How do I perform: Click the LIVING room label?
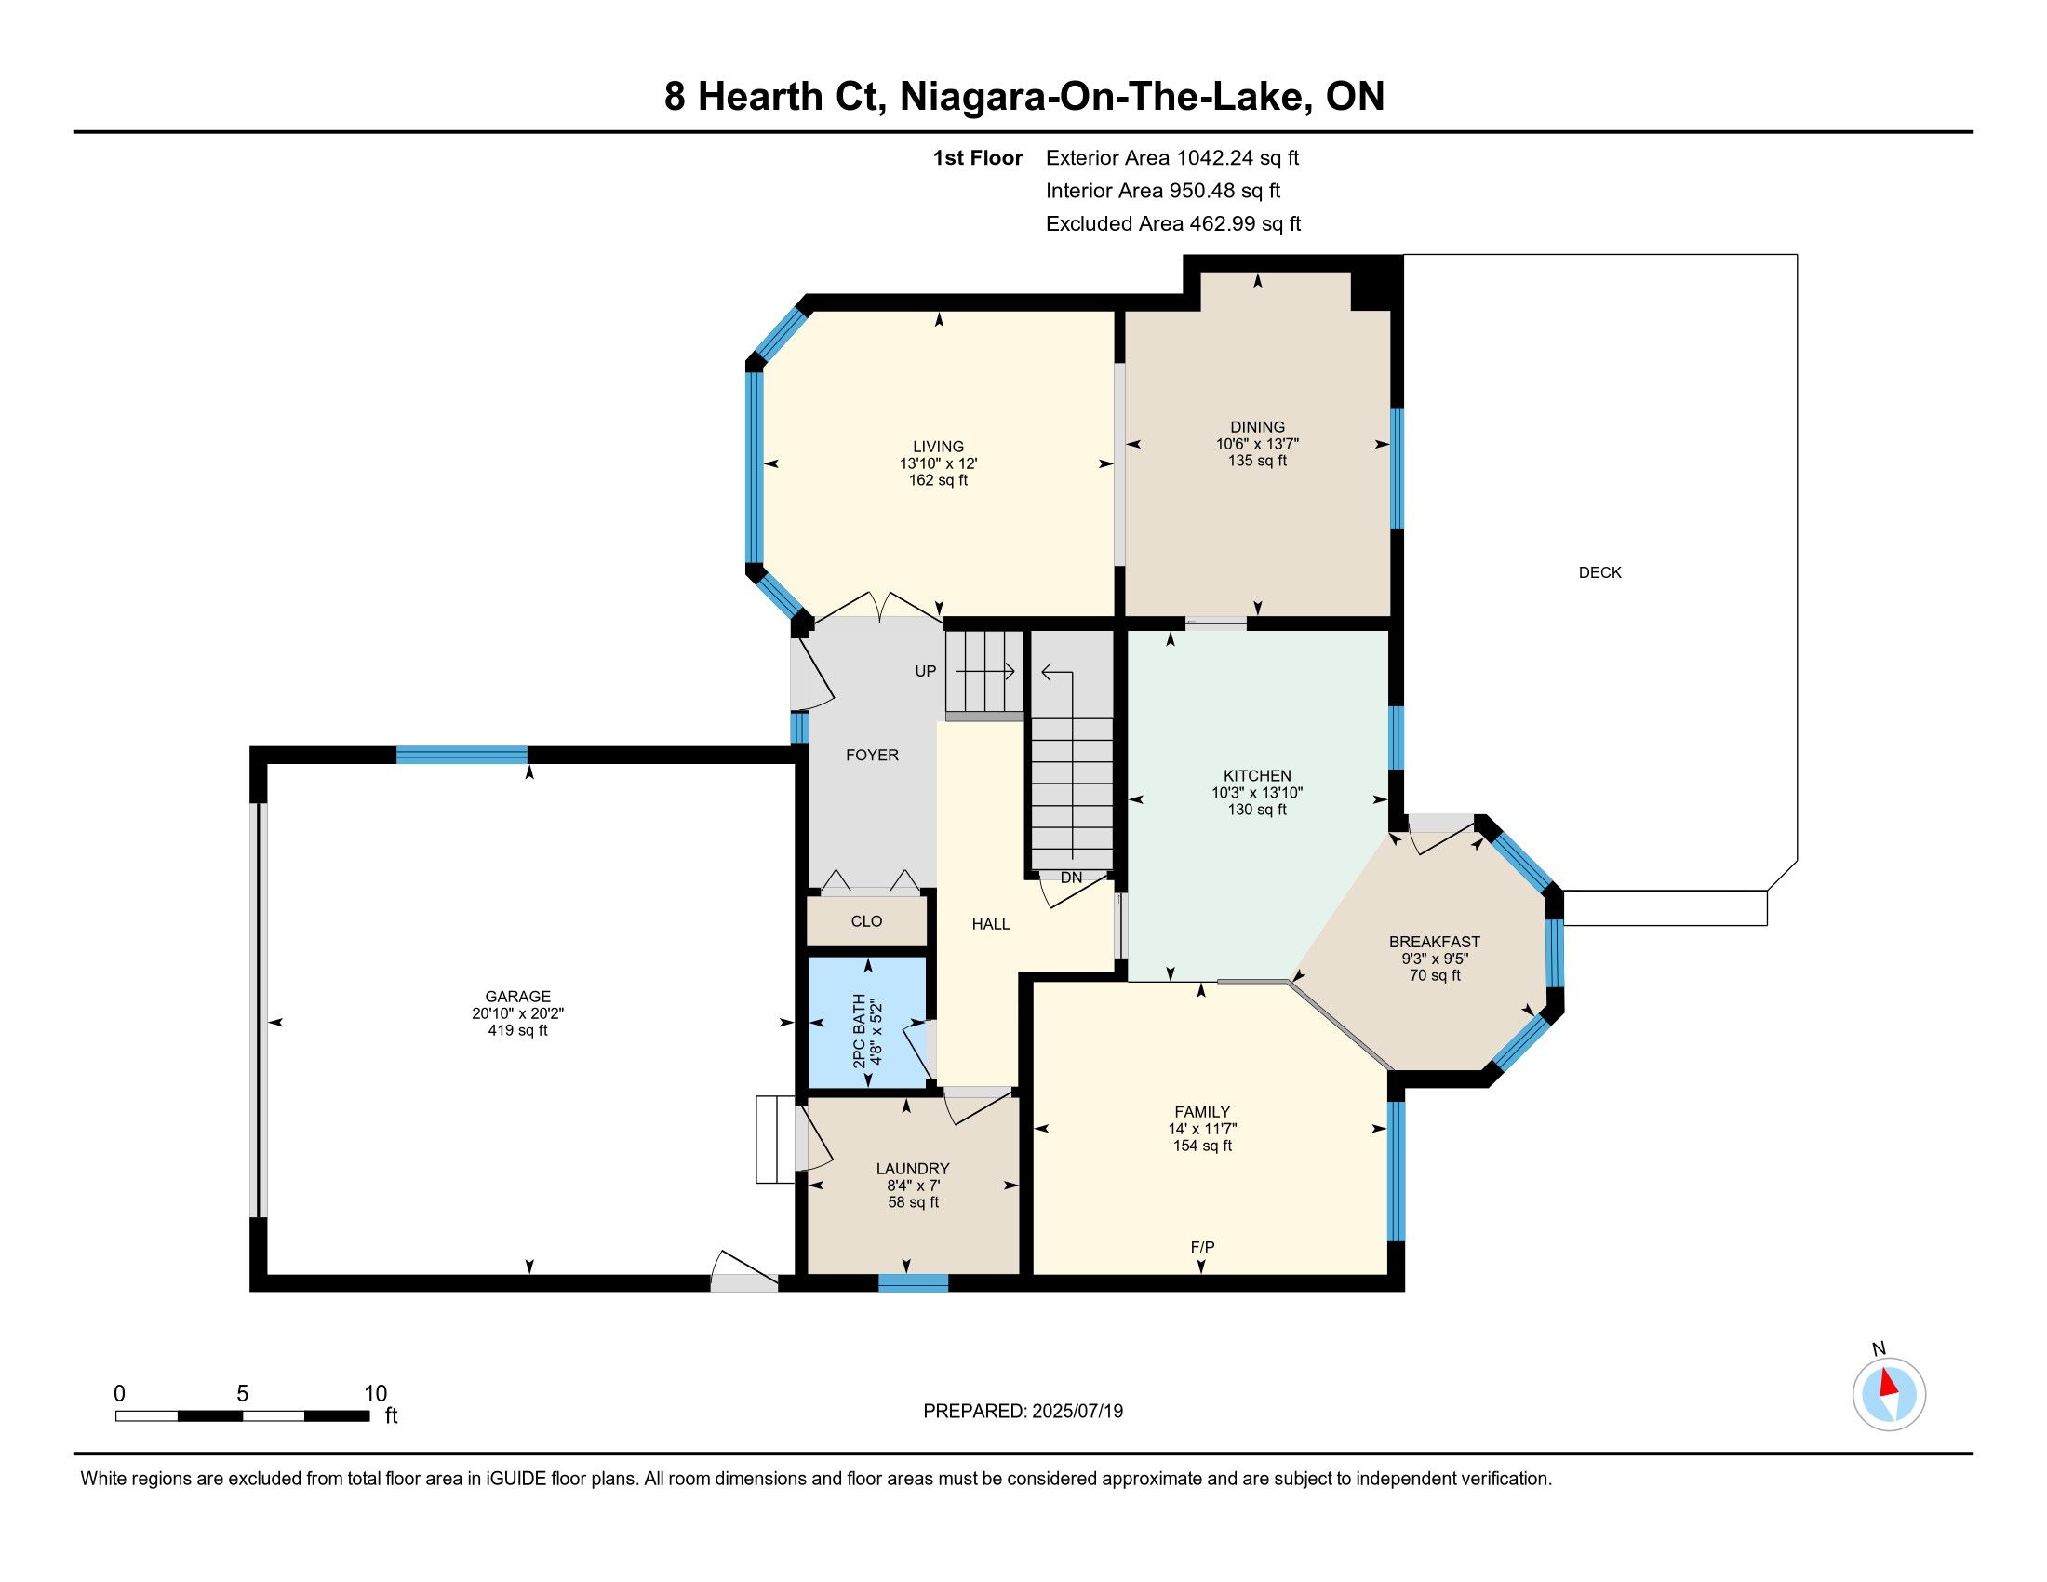(x=938, y=447)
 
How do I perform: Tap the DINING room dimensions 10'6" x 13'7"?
(x=1257, y=444)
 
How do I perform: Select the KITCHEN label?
(x=1257, y=776)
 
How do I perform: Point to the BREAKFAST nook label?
(x=1434, y=942)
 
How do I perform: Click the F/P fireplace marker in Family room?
(x=1202, y=1246)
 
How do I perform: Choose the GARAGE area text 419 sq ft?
(x=517, y=1031)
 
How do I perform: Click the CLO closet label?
(x=866, y=921)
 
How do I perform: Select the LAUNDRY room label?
(x=913, y=1169)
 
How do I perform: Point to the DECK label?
(x=1600, y=572)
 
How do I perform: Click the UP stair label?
(x=925, y=671)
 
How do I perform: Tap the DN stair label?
(x=1071, y=878)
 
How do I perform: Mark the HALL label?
(x=991, y=924)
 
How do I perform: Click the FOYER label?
(x=872, y=756)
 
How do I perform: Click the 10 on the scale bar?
(x=375, y=1394)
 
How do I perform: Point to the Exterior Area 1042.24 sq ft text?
(x=1172, y=158)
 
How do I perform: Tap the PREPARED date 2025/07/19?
(x=1076, y=1412)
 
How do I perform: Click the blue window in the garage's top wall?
(x=462, y=755)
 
